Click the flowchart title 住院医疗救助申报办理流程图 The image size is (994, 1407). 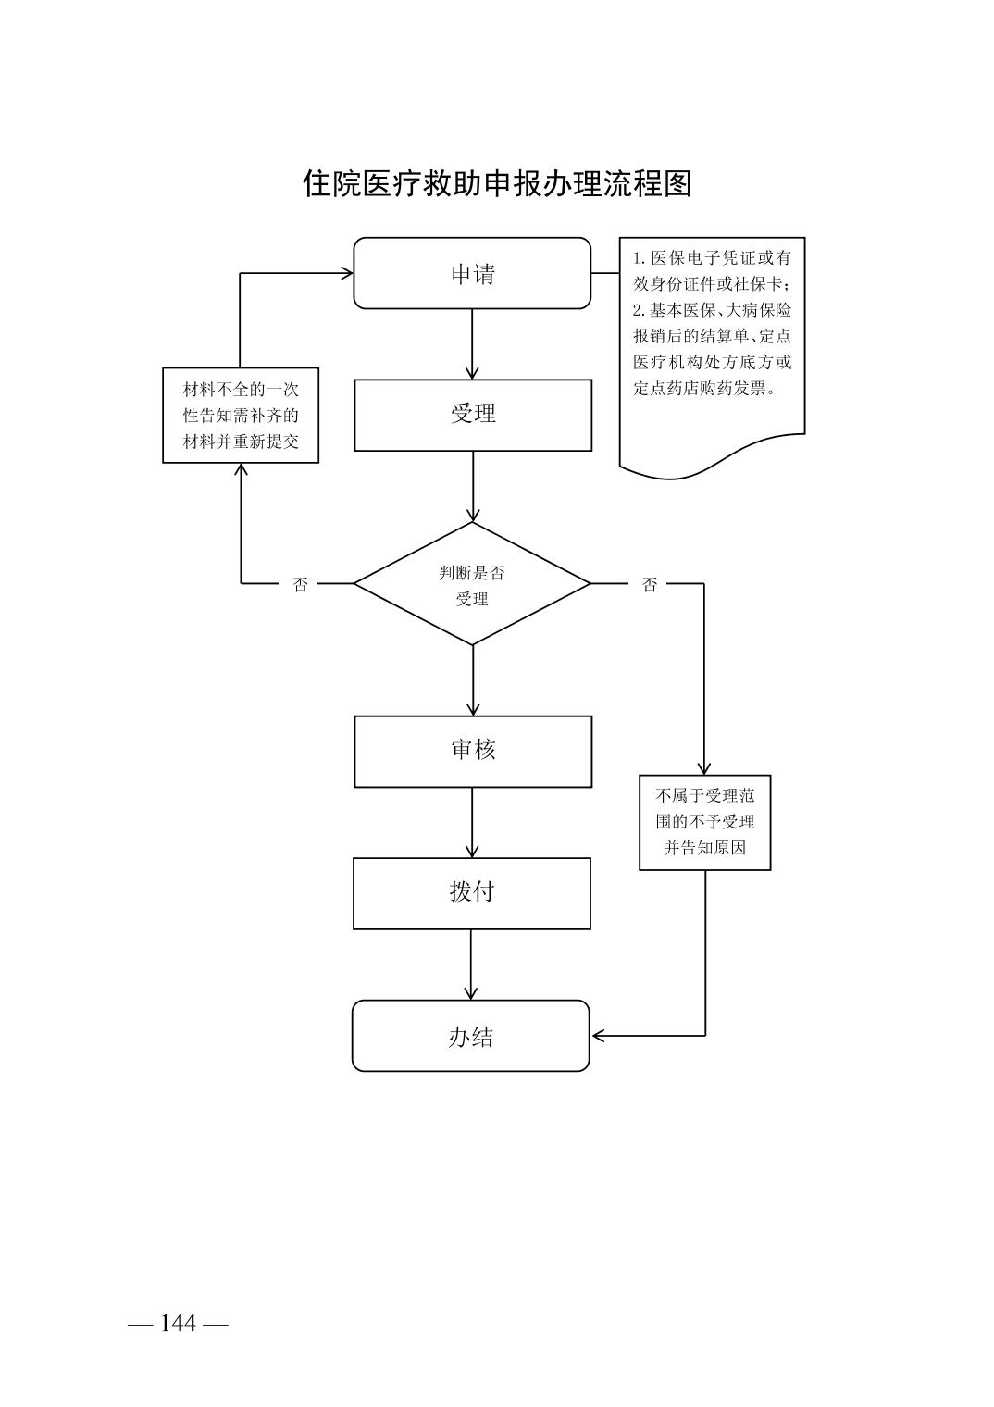click(497, 183)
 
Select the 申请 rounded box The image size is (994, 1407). click(472, 273)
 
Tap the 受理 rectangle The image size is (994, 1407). click(473, 415)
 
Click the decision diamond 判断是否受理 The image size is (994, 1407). click(472, 584)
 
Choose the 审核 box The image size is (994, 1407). click(473, 751)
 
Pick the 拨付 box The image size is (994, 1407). click(472, 893)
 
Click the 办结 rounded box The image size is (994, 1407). click(470, 1036)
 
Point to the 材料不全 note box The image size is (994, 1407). click(241, 415)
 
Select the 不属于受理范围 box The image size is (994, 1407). click(704, 822)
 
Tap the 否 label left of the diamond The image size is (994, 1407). click(301, 585)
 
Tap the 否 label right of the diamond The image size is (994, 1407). click(650, 585)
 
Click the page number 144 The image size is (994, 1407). click(178, 1324)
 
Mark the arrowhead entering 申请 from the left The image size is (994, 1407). click(347, 273)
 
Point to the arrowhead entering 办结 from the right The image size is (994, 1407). click(598, 1035)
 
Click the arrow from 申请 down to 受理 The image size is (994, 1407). click(472, 343)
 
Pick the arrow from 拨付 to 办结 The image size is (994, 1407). click(471, 965)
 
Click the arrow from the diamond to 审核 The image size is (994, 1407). click(473, 680)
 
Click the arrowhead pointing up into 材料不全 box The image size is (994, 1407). click(242, 469)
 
